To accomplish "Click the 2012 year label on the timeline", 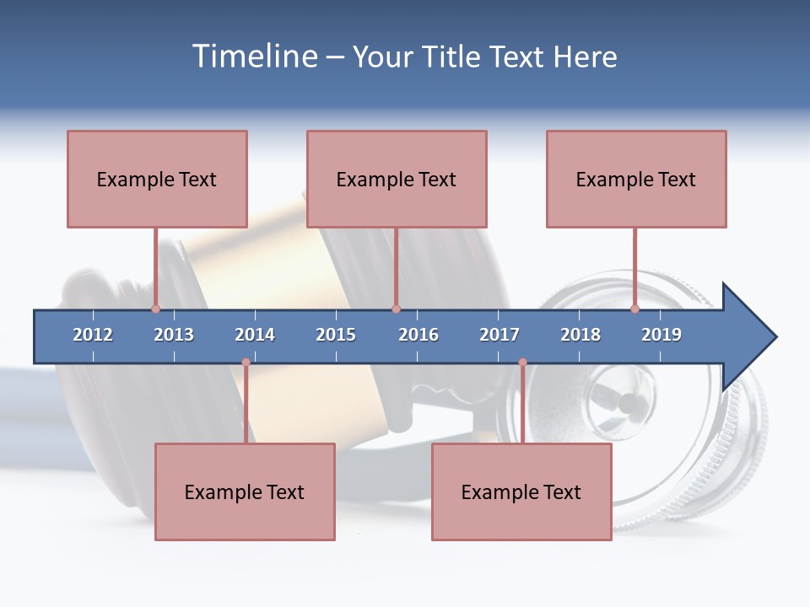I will [93, 335].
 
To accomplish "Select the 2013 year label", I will [174, 335].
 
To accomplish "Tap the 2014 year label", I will [255, 335].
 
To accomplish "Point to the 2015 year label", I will [336, 335].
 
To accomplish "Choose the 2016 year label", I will [418, 335].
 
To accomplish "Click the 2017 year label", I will [499, 335].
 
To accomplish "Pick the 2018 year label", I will [580, 335].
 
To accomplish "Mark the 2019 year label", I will [661, 335].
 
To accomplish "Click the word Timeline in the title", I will [252, 56].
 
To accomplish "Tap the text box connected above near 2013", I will [157, 179].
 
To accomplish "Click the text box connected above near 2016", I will [397, 179].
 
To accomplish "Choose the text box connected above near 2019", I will [636, 179].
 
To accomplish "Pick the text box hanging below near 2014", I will [245, 492].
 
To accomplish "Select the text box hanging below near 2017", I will [521, 492].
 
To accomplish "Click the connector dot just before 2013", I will [155, 309].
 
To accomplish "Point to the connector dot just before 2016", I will [396, 309].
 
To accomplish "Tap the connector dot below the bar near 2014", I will [246, 363].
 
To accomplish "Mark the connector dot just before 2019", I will [635, 309].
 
